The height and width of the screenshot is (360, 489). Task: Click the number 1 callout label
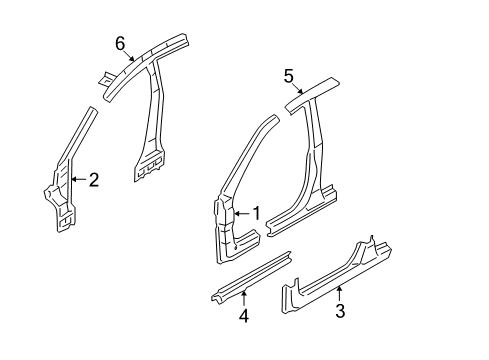point(256,213)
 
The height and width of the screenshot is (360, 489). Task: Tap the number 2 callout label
point(93,180)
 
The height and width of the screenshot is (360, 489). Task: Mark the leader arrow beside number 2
point(79,180)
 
